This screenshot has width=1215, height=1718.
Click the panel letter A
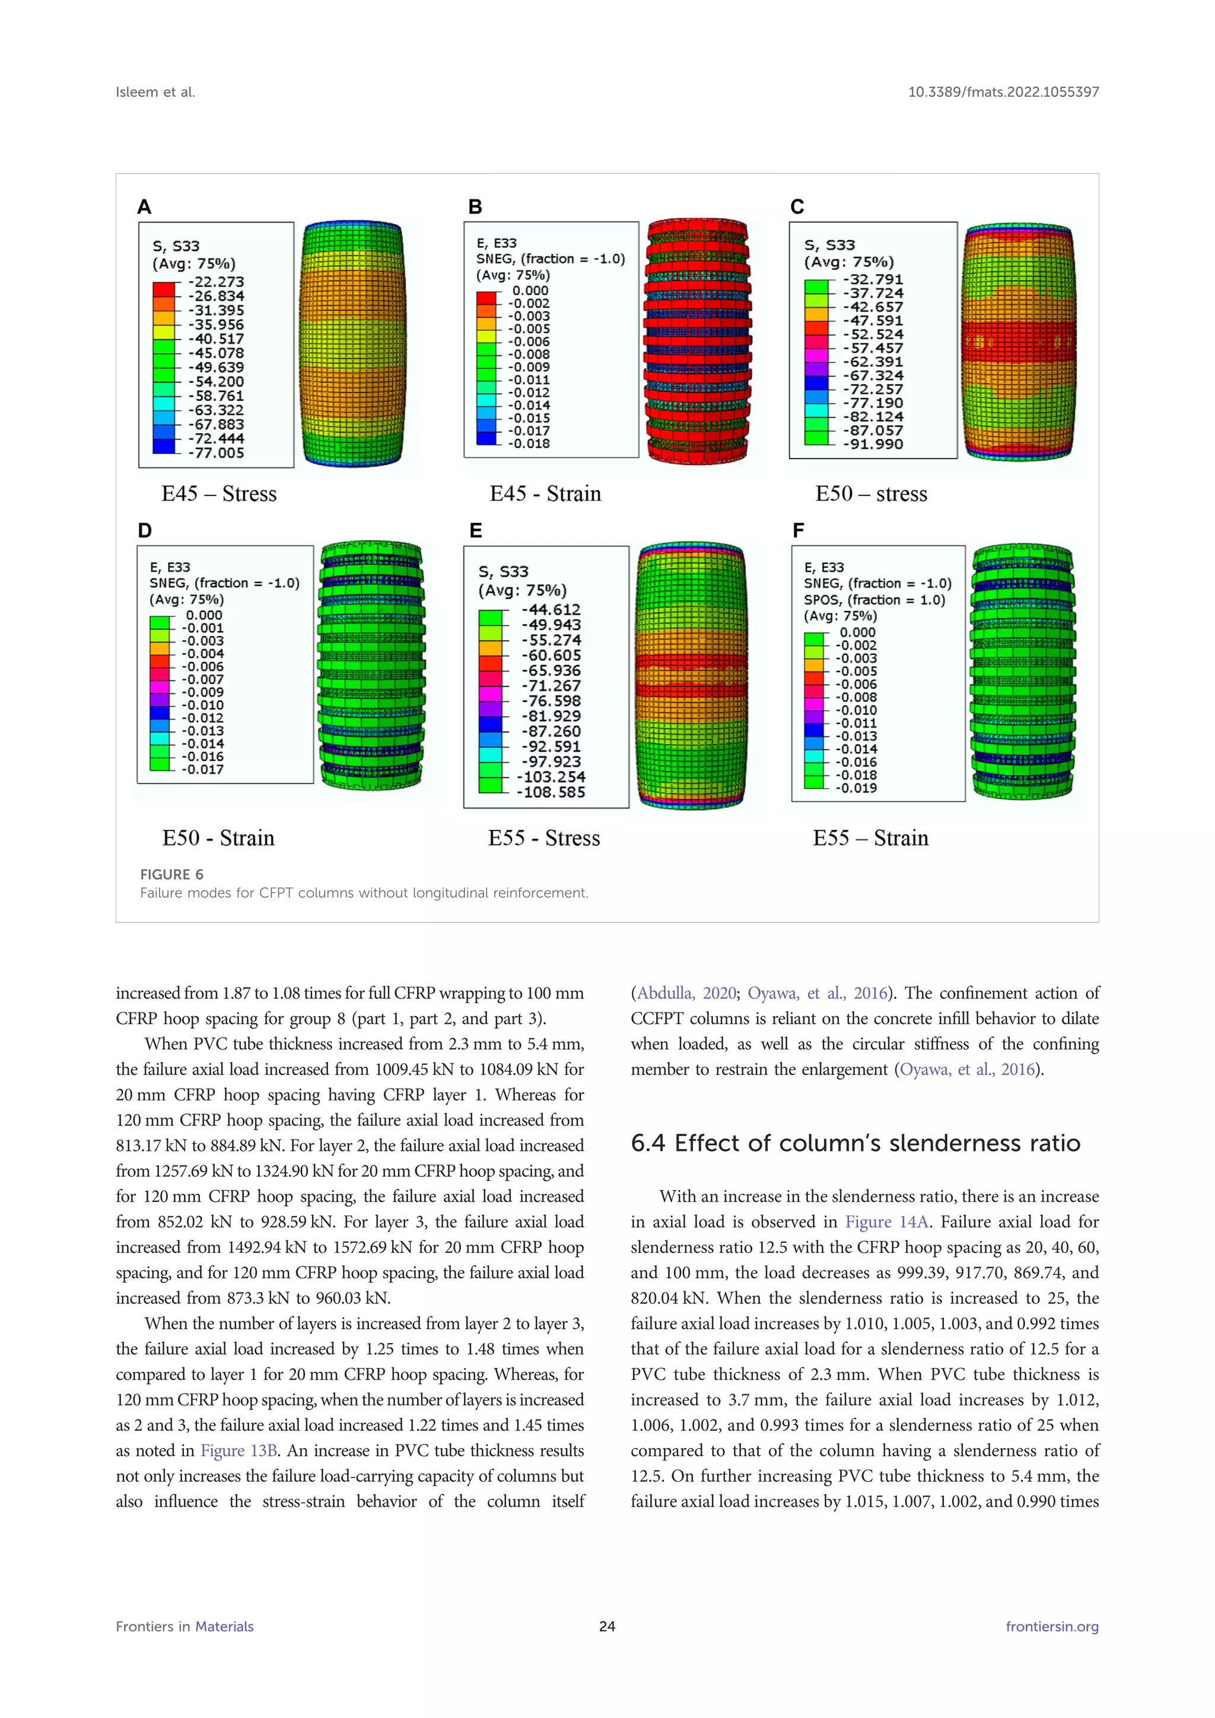(144, 207)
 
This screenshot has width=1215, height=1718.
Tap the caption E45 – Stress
(218, 494)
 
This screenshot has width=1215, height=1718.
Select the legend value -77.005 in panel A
(215, 453)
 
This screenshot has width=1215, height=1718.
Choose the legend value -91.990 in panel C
(873, 444)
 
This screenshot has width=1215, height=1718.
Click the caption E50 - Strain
(218, 838)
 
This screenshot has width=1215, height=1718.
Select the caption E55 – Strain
(870, 838)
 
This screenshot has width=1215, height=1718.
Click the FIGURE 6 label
(171, 874)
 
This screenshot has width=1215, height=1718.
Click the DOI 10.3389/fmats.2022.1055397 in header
(1003, 92)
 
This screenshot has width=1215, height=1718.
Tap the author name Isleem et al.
(155, 92)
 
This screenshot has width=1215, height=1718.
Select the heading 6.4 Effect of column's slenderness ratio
(855, 1143)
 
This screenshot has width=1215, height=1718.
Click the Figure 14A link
(886, 1222)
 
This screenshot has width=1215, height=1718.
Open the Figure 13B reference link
(238, 1451)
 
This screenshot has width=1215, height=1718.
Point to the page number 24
(607, 1626)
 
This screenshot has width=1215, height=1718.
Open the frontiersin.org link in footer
(1051, 1626)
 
